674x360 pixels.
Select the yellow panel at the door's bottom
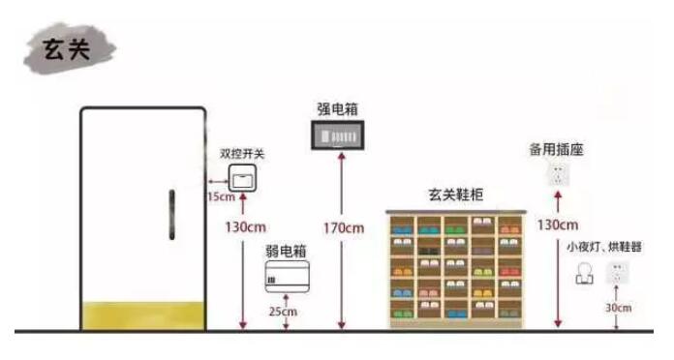pos(143,315)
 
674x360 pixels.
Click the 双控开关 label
pos(242,153)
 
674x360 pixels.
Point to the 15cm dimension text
pos(220,196)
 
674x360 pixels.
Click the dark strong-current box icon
pos(338,136)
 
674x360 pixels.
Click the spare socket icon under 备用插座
pos(557,174)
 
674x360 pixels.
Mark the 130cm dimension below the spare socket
pos(558,225)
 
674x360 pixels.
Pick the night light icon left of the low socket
pos(584,275)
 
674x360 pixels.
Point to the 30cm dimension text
pos(617,309)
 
